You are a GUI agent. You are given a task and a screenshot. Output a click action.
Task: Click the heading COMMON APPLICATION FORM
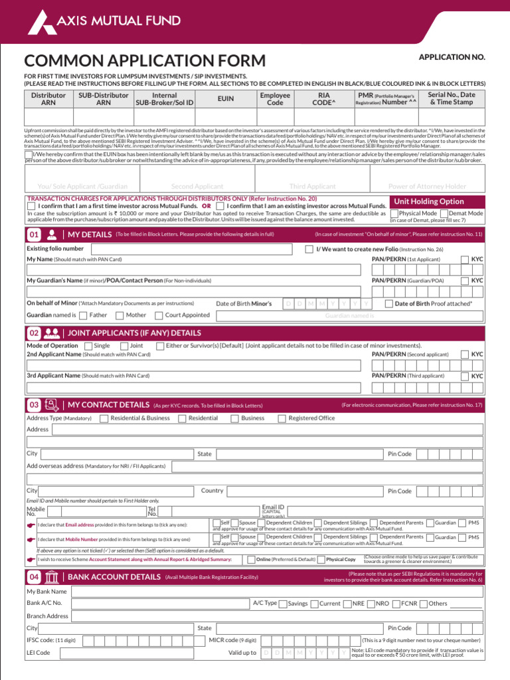pyautogui.click(x=145, y=61)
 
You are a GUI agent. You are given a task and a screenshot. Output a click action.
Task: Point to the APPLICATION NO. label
pyautogui.click(x=452, y=58)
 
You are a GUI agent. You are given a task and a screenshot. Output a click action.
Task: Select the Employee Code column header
pyautogui.click(x=274, y=99)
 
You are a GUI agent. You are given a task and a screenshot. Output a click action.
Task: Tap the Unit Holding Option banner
pyautogui.click(x=429, y=201)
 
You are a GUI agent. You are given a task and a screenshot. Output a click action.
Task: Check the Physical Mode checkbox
pyautogui.click(x=394, y=214)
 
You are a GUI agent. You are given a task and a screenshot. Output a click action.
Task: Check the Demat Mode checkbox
pyautogui.click(x=444, y=214)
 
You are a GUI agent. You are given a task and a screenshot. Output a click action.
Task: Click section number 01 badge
pyautogui.click(x=33, y=234)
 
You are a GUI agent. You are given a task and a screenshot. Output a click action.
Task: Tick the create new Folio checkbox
pyautogui.click(x=309, y=249)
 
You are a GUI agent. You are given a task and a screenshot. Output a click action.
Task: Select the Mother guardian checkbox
pyautogui.click(x=120, y=315)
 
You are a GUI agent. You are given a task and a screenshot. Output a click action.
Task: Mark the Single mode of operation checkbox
pyautogui.click(x=88, y=346)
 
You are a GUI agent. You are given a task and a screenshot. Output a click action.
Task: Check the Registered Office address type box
pyautogui.click(x=282, y=418)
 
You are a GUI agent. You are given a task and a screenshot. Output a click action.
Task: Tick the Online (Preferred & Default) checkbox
pyautogui.click(x=251, y=560)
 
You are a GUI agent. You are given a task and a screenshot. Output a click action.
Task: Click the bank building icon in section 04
pyautogui.click(x=52, y=577)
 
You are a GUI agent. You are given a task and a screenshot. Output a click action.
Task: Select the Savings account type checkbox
pyautogui.click(x=283, y=604)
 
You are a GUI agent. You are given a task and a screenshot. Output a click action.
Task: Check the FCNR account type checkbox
pyautogui.click(x=396, y=604)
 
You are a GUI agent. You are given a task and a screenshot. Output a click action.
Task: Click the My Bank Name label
pyautogui.click(x=46, y=591)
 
